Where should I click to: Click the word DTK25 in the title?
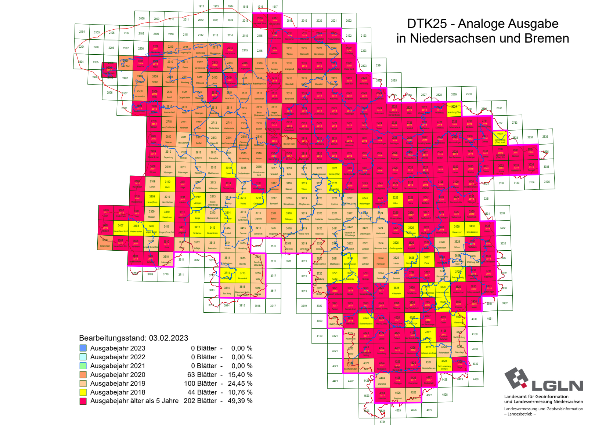(x=427, y=24)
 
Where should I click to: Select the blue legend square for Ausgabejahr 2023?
(x=83, y=348)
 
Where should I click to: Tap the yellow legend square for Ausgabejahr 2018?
(x=83, y=392)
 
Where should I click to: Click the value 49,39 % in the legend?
(x=241, y=401)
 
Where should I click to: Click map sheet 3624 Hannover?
(x=381, y=260)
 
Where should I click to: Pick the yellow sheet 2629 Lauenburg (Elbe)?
(x=454, y=109)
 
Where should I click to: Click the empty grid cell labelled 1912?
(x=201, y=6)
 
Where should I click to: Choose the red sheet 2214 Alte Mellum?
(x=230, y=50)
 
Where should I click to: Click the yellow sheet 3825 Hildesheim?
(x=396, y=290)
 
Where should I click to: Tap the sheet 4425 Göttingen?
(x=398, y=380)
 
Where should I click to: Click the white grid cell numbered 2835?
(x=545, y=137)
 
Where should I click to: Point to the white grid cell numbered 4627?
(x=429, y=410)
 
